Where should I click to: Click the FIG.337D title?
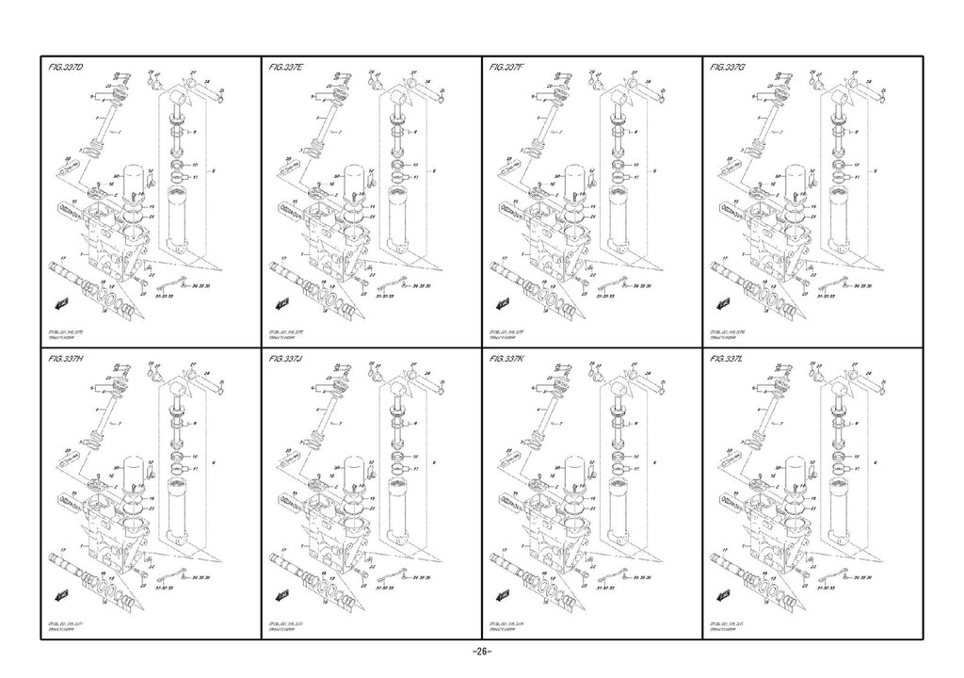[x=66, y=69]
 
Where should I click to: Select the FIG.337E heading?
[x=286, y=69]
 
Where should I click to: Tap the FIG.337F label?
[x=507, y=69]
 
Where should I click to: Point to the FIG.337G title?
[x=728, y=69]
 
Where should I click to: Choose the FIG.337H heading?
[x=66, y=360]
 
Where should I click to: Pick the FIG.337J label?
[x=285, y=360]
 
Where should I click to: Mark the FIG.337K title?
[x=507, y=360]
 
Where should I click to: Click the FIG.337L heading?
[x=728, y=360]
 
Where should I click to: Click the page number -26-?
[x=481, y=653]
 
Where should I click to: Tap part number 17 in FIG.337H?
[x=62, y=548]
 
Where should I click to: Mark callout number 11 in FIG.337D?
[x=196, y=177]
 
